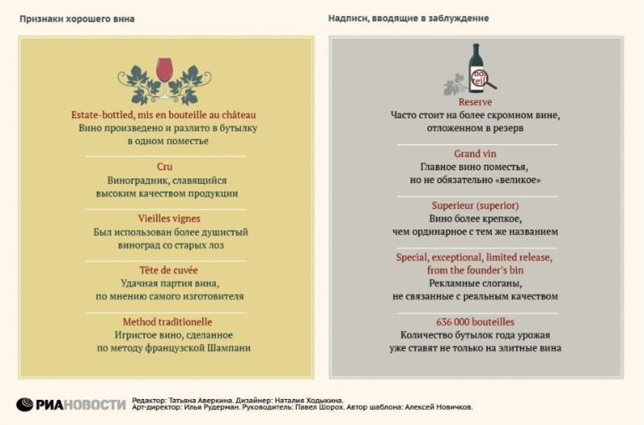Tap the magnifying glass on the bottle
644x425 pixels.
coord(483,79)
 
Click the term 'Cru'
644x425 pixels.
coord(164,166)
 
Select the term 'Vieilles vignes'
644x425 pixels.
coord(169,218)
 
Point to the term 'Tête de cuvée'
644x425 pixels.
coord(168,270)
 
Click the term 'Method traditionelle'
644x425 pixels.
coord(167,322)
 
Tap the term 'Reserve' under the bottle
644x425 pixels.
coord(475,102)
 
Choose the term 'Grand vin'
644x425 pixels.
coord(475,154)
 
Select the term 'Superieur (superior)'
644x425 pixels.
coord(475,206)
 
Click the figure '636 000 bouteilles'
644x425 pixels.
coord(475,322)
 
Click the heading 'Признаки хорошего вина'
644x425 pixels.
coord(77,19)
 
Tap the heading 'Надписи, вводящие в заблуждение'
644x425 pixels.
coord(408,18)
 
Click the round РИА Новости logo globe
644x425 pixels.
coord(24,404)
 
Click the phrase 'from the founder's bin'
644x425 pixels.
coord(475,270)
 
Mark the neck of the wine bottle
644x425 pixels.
coord(476,52)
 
